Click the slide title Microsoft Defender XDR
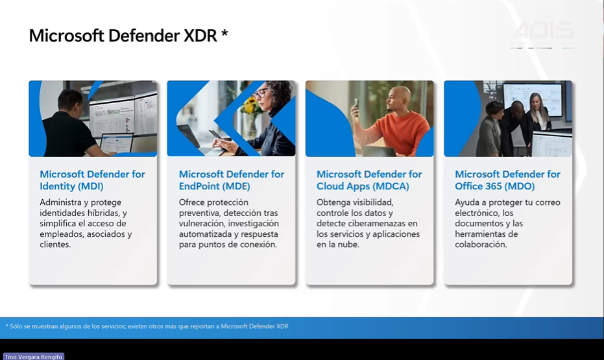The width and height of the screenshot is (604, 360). [x=128, y=36]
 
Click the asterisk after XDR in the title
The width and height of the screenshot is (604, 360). [x=224, y=34]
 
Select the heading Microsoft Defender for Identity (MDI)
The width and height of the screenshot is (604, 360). [x=92, y=180]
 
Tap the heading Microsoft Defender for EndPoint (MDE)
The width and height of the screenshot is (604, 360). [x=232, y=180]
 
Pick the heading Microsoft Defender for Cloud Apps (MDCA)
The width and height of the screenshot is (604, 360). [x=369, y=180]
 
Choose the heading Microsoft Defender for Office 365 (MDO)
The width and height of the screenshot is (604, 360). [x=508, y=180]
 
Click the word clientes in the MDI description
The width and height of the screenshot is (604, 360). [x=55, y=245]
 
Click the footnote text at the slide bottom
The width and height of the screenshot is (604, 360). [x=147, y=326]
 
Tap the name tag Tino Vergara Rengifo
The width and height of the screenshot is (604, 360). [x=34, y=357]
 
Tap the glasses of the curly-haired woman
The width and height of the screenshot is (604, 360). [x=261, y=93]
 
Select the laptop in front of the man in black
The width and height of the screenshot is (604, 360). [x=117, y=143]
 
